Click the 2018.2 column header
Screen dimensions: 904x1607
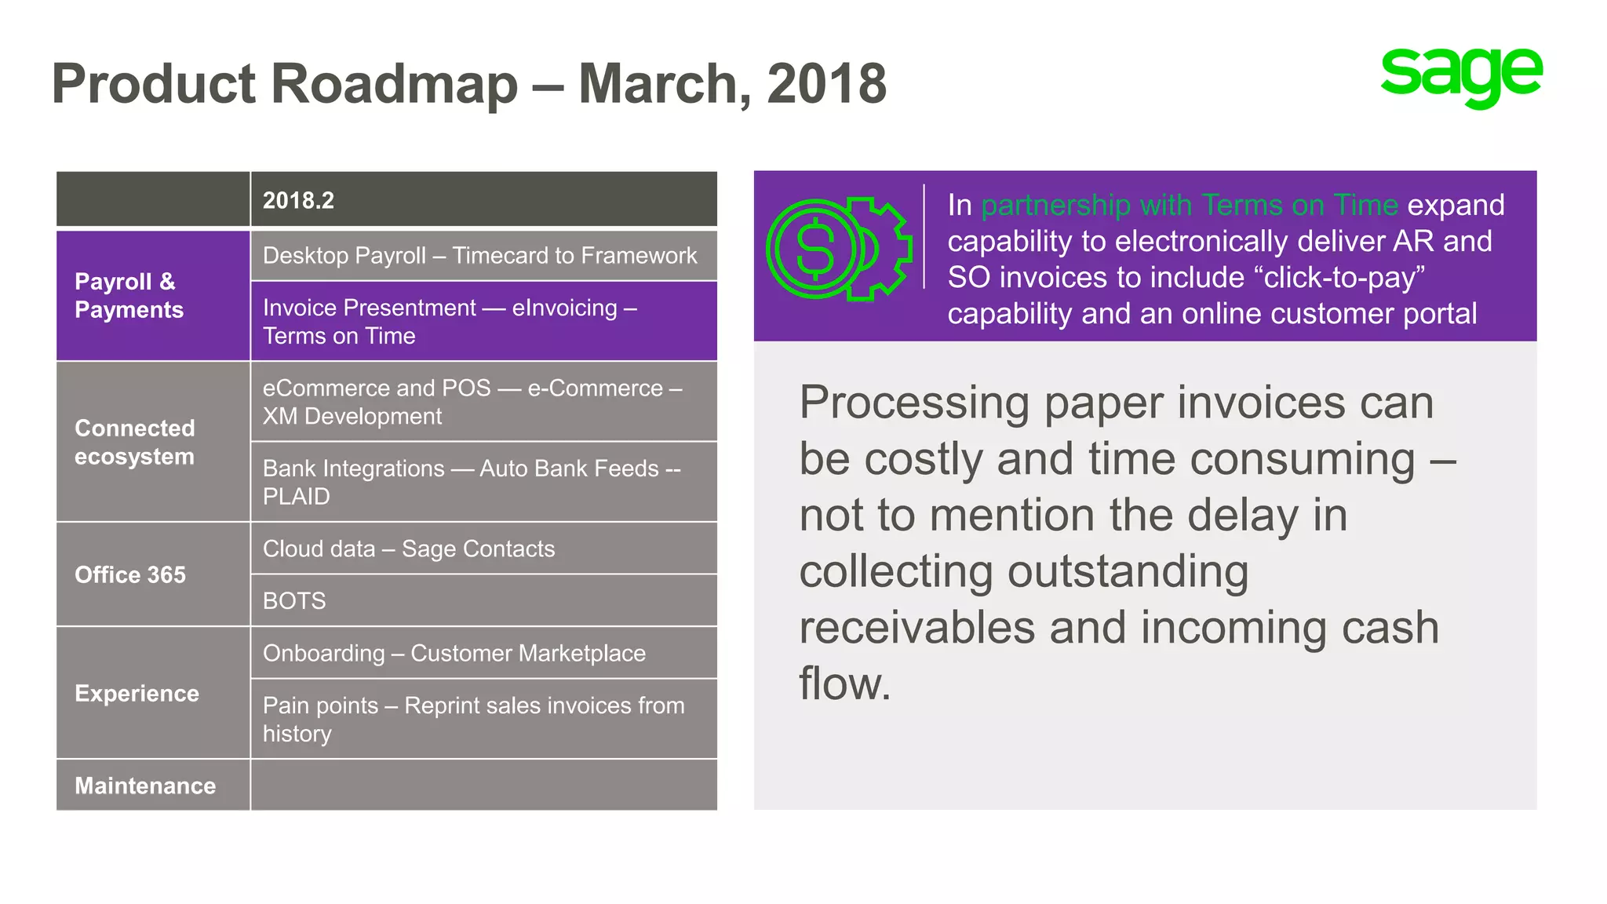point(483,200)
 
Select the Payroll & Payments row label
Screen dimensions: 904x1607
point(153,296)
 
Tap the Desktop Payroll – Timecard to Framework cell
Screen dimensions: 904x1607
point(483,256)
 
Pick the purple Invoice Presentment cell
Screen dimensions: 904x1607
point(483,322)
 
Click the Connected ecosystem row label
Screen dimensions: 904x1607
point(153,442)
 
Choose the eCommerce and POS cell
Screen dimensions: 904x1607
point(483,402)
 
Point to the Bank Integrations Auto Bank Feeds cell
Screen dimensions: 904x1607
point(483,482)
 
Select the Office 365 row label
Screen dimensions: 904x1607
point(153,574)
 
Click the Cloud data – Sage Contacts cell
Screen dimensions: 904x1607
point(483,549)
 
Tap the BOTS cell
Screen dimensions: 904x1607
point(483,600)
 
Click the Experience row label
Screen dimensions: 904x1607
point(153,693)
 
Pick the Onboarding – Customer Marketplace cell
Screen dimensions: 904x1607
point(483,653)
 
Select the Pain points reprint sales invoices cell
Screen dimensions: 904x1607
point(483,719)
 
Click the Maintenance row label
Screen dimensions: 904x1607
point(153,786)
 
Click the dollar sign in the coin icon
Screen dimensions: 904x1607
point(815,250)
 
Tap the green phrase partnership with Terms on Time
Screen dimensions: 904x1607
point(1190,206)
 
